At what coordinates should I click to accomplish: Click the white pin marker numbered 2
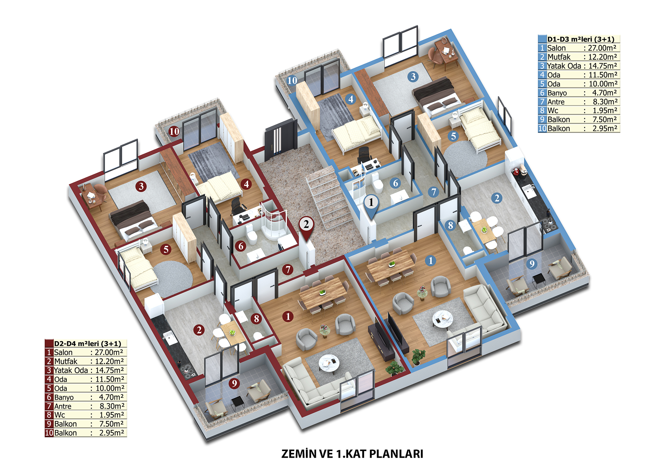coord(306,227)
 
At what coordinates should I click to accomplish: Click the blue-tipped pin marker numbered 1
coord(371,204)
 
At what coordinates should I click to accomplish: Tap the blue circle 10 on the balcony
coord(292,80)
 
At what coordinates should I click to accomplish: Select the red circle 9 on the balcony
coord(234,383)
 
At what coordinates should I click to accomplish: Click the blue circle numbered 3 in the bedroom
coord(413,77)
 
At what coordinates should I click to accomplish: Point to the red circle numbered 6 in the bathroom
coord(241,246)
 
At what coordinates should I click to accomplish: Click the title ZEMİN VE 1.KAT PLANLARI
coord(352,454)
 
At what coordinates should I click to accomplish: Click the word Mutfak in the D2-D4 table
coord(66,361)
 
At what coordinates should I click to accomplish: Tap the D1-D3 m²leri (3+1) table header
coord(581,39)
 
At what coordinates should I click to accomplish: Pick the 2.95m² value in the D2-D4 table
coord(111,433)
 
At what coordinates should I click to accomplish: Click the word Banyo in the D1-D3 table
coord(557,93)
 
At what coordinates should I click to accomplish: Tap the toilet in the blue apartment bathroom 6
coord(377,183)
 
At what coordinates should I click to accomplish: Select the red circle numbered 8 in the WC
coord(256,318)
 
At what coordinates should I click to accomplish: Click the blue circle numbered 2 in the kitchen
coord(497,198)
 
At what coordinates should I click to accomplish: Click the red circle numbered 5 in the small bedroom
coord(166,249)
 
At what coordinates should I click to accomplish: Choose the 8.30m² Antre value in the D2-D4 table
coord(112,406)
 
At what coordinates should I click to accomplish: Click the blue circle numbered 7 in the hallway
coord(434,192)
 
